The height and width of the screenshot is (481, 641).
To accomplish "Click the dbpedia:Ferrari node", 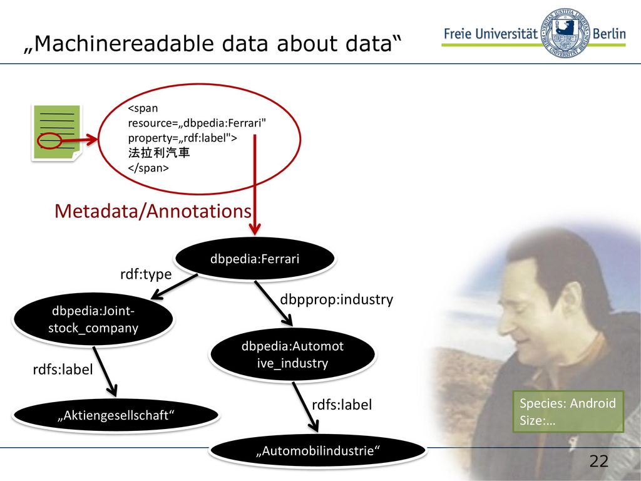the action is pos(255,259).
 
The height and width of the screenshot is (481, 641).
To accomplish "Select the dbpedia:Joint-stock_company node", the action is pos(93,319).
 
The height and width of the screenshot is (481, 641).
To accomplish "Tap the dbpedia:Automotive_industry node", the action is pos(292,354).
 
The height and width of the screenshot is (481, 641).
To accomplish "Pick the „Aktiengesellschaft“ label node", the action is pos(116,415).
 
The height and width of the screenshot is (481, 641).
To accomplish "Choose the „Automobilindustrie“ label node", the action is pos(317,451).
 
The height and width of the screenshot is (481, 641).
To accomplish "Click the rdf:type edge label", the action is pos(146,274).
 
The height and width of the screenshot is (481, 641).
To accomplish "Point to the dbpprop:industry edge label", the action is pos(336,299).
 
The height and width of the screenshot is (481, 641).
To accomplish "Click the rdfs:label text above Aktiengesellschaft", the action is pos(63,370).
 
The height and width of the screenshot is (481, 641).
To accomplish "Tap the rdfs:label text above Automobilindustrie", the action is pos(342,405).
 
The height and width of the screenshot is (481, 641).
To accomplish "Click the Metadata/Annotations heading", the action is pos(153,211).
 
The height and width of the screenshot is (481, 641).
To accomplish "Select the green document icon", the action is pos(57,133).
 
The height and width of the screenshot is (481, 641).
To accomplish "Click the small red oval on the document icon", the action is pos(49,141).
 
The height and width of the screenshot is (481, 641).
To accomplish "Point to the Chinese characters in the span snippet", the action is pos(159,153).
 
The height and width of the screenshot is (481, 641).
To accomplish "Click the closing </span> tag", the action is pos(148,168).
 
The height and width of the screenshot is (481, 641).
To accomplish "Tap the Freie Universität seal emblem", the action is pos(565,33).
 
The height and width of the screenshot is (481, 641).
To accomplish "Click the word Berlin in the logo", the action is pos(608,34).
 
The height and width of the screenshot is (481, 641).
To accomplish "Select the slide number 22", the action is pos(599,461).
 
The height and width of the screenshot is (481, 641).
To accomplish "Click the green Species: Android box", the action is pos(568,411).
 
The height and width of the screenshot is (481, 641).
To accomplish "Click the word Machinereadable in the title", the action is pos(122,43).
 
